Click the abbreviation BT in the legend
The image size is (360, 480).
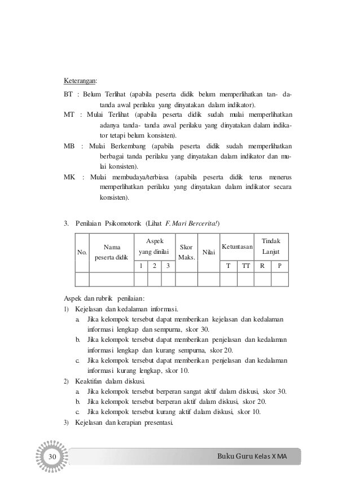pos(69,94)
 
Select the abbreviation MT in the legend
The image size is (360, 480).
pos(69,115)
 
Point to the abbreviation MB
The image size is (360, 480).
pos(69,146)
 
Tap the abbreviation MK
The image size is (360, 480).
pos(69,177)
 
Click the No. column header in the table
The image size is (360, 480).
pos(82,253)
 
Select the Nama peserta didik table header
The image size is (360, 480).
pos(111,252)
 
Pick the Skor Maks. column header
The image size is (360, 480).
pos(186,252)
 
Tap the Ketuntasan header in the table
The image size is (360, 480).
pos(237,247)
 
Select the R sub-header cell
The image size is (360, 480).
pos(262,266)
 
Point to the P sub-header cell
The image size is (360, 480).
pos(280,266)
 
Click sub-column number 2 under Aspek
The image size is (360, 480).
pos(155,266)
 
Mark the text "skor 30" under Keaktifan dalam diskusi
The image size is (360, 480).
pos(274,392)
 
